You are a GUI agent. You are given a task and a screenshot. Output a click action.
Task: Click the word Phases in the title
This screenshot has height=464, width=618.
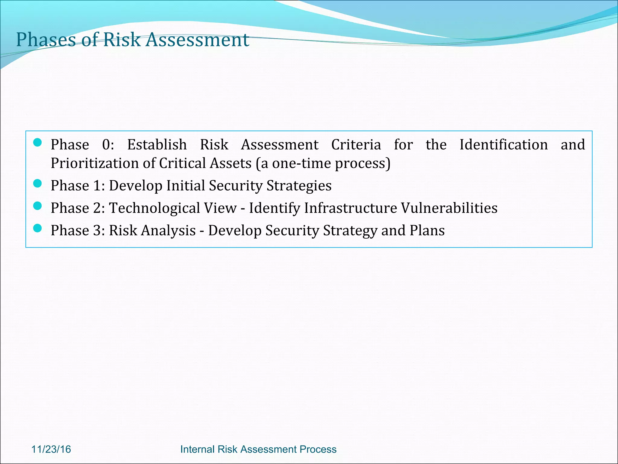coord(46,40)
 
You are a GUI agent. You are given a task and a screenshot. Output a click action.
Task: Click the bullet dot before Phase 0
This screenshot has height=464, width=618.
coord(37,143)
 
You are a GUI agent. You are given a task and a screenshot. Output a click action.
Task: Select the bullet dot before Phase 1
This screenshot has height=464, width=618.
coord(37,183)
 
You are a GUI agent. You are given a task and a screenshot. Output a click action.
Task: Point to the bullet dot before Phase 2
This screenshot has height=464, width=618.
coord(37,206)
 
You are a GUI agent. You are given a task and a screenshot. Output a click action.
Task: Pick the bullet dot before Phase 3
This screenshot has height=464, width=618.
coord(37,228)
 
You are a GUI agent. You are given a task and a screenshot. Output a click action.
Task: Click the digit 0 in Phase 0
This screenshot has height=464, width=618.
coord(107,145)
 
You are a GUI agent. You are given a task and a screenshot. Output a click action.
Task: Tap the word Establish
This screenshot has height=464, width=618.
coord(157,145)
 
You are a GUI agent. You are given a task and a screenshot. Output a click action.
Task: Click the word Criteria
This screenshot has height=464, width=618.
coord(356,145)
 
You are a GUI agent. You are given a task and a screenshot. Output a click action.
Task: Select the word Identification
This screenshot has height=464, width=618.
coord(504,145)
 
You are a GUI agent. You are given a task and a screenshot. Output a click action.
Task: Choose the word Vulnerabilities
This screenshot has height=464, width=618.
coord(449,208)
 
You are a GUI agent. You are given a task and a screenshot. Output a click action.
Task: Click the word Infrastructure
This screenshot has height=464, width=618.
coord(351,208)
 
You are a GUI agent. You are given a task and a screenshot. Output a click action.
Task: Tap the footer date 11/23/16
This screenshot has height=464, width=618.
coord(51,449)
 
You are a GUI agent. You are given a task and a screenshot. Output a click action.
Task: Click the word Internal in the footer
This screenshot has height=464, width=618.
coord(197,449)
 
